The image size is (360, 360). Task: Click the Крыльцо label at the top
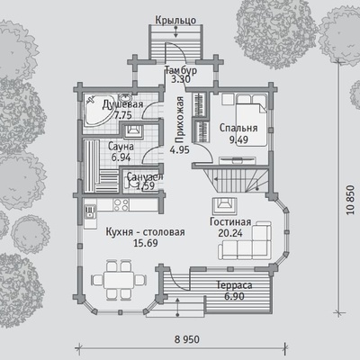pyautogui.click(x=175, y=21)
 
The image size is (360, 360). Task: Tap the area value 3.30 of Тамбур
pyautogui.click(x=181, y=79)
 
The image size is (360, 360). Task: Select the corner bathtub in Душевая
pyautogui.click(x=98, y=110)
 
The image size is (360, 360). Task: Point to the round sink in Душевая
pyautogui.click(x=125, y=98)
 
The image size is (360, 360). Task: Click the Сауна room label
pyautogui.click(x=121, y=147)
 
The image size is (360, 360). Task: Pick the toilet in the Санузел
pyautogui.click(x=128, y=182)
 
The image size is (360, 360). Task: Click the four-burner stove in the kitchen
pyautogui.click(x=121, y=205)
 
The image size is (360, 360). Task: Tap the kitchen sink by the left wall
pyautogui.click(x=90, y=211)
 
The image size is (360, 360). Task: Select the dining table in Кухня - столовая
pyautogui.click(x=119, y=280)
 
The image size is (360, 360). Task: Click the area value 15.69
pyautogui.click(x=146, y=243)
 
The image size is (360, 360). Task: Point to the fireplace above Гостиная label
pyautogui.click(x=225, y=205)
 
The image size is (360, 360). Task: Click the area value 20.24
pyautogui.click(x=230, y=233)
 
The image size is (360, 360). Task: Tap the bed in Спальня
pyautogui.click(x=251, y=120)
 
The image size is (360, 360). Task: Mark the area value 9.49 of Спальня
pyautogui.click(x=238, y=139)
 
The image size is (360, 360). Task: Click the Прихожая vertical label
pyautogui.click(x=180, y=120)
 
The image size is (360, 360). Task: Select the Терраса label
pyautogui.click(x=234, y=285)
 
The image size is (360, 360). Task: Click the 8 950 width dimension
pyautogui.click(x=187, y=339)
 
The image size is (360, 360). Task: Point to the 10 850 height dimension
pyautogui.click(x=350, y=200)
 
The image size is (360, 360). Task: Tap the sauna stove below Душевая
pyautogui.click(x=132, y=130)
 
